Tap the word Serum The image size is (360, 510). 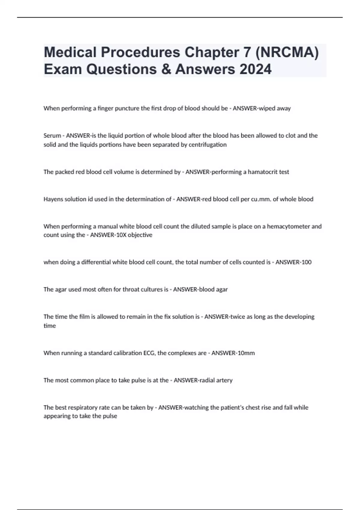point(52,136)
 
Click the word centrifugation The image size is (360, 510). point(208,145)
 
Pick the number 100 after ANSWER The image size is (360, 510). point(306,262)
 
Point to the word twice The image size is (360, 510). point(237,317)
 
